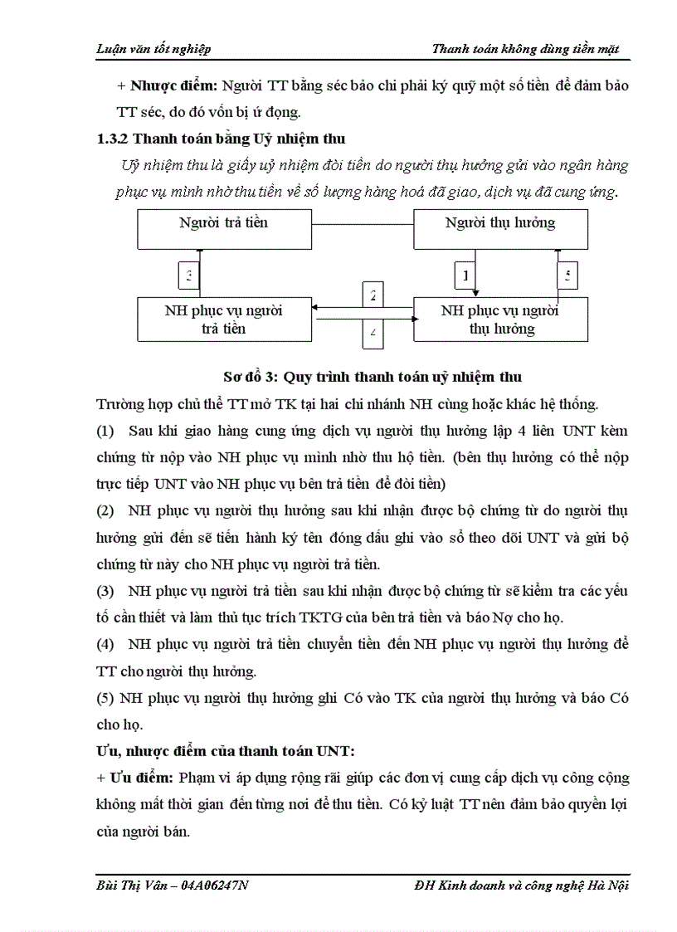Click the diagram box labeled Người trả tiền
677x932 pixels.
tap(223, 229)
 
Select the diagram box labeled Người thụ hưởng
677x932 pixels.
tap(500, 229)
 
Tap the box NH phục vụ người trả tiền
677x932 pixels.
tap(224, 320)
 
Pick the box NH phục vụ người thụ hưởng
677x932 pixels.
tap(500, 320)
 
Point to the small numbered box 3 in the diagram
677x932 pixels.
tap(190, 274)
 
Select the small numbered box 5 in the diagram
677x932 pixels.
tap(567, 274)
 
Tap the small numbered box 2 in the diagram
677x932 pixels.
tap(373, 295)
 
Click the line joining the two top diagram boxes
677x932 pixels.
tap(362, 224)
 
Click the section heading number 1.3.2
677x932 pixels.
tap(113, 139)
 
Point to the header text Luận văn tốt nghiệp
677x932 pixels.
tap(153, 49)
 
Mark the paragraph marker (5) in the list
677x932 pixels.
tap(105, 698)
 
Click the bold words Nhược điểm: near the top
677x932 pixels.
tap(170, 86)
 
